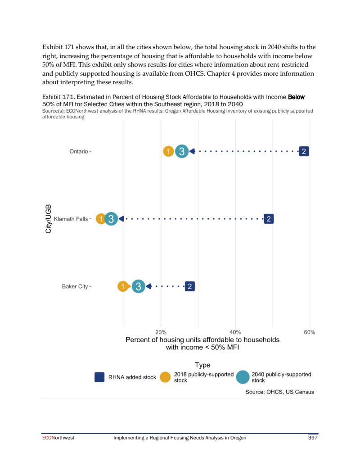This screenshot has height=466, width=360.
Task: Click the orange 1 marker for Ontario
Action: point(168,152)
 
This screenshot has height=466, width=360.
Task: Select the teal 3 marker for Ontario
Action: point(181,152)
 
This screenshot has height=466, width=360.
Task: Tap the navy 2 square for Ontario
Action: point(304,152)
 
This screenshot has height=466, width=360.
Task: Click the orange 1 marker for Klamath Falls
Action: point(102,219)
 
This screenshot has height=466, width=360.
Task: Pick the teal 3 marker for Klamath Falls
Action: point(111,219)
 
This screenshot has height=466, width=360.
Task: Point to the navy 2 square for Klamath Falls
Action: point(269,219)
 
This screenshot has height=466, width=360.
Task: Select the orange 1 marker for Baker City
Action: point(122,286)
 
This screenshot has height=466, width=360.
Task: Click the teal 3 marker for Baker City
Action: point(139,286)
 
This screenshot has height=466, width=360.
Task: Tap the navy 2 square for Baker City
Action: point(190,286)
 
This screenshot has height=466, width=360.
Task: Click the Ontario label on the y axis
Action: point(79,152)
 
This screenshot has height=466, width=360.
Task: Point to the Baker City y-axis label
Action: point(75,286)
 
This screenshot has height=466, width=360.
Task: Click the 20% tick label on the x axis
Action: point(161,332)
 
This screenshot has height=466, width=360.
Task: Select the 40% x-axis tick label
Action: point(235,332)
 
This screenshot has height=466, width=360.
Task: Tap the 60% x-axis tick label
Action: point(310,332)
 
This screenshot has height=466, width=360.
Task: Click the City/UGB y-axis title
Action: point(49,219)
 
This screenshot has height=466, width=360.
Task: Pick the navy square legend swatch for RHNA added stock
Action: point(100,377)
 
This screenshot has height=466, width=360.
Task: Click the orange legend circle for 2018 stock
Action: point(166,377)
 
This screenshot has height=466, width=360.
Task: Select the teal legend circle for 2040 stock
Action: point(243,377)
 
